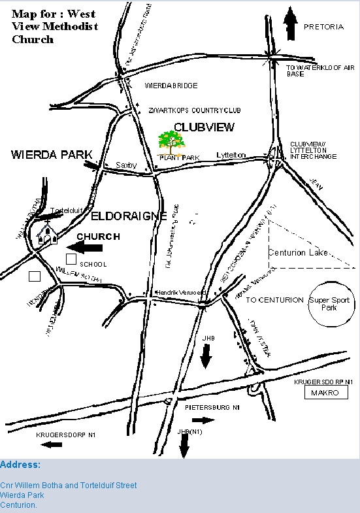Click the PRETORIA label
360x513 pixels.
323,27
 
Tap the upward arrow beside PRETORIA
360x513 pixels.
290,25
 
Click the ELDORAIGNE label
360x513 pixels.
127,215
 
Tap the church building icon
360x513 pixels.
46,234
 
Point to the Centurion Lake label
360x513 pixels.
299,253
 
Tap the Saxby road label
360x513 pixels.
126,165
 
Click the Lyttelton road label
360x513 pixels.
231,155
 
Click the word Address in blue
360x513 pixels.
20,465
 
